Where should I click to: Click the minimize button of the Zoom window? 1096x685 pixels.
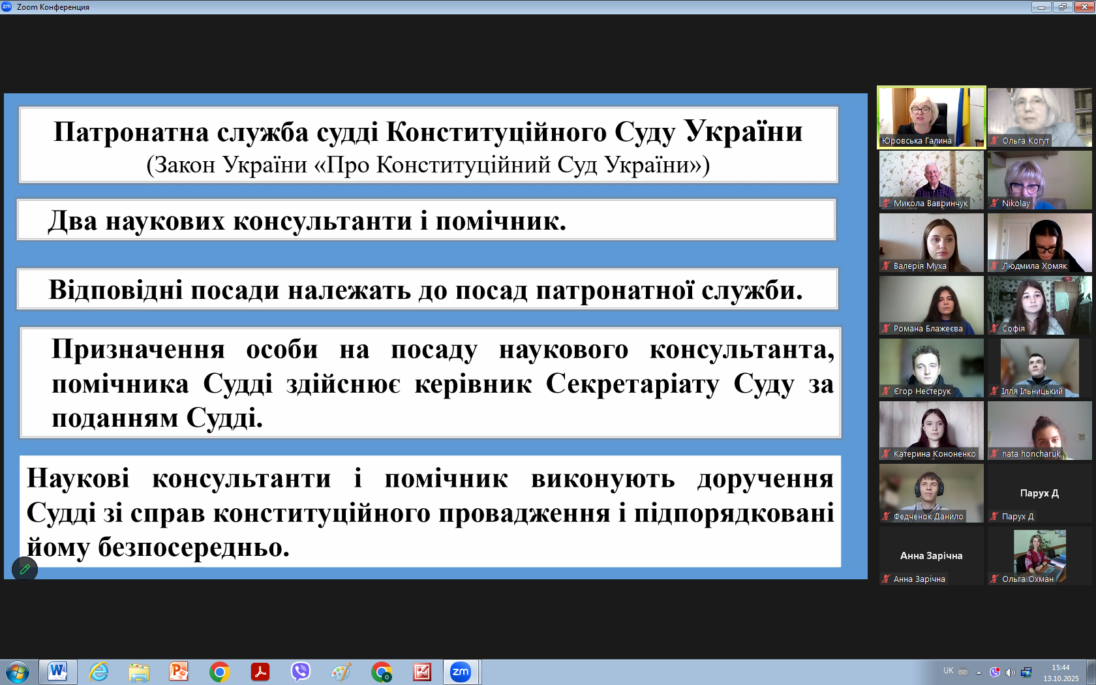pos(1041,7)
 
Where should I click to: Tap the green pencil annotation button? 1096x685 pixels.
pos(25,569)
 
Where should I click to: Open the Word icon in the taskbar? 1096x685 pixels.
pos(57,671)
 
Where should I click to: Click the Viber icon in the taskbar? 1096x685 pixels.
pos(300,672)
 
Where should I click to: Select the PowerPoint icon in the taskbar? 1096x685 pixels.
pos(179,672)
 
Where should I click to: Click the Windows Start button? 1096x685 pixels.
pos(18,672)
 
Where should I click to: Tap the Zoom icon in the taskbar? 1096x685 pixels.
pos(461,671)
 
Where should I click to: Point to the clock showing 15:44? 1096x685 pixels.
pos(1061,667)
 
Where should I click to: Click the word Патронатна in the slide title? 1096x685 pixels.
pos(131,132)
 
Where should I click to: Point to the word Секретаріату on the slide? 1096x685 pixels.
pos(632,384)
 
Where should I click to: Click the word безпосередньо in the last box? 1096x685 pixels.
pos(194,547)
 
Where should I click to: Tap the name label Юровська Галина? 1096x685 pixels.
pos(917,141)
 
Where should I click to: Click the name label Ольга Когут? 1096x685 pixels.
pos(1026,141)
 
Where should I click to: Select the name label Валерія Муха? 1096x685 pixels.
pos(920,266)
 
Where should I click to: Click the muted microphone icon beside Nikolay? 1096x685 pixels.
pos(994,203)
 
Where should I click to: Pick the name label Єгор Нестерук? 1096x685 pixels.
pos(922,391)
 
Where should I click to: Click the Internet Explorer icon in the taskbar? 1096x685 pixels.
pos(99,672)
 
